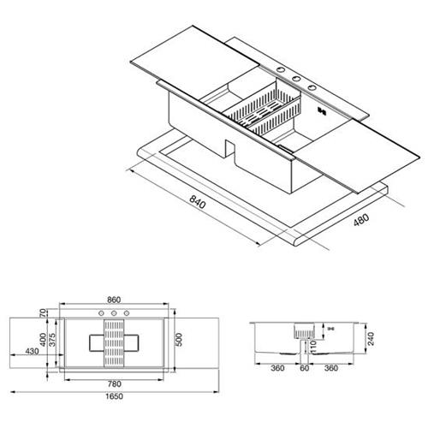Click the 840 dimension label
[x=198, y=202]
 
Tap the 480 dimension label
[x=361, y=220]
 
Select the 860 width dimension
[x=114, y=300]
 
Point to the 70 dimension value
[x=43, y=313]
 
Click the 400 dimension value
[x=43, y=340]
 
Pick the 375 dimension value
[x=52, y=340]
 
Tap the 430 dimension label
[x=32, y=351]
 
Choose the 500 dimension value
[x=179, y=340]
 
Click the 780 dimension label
[x=114, y=384]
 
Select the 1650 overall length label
[x=114, y=396]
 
